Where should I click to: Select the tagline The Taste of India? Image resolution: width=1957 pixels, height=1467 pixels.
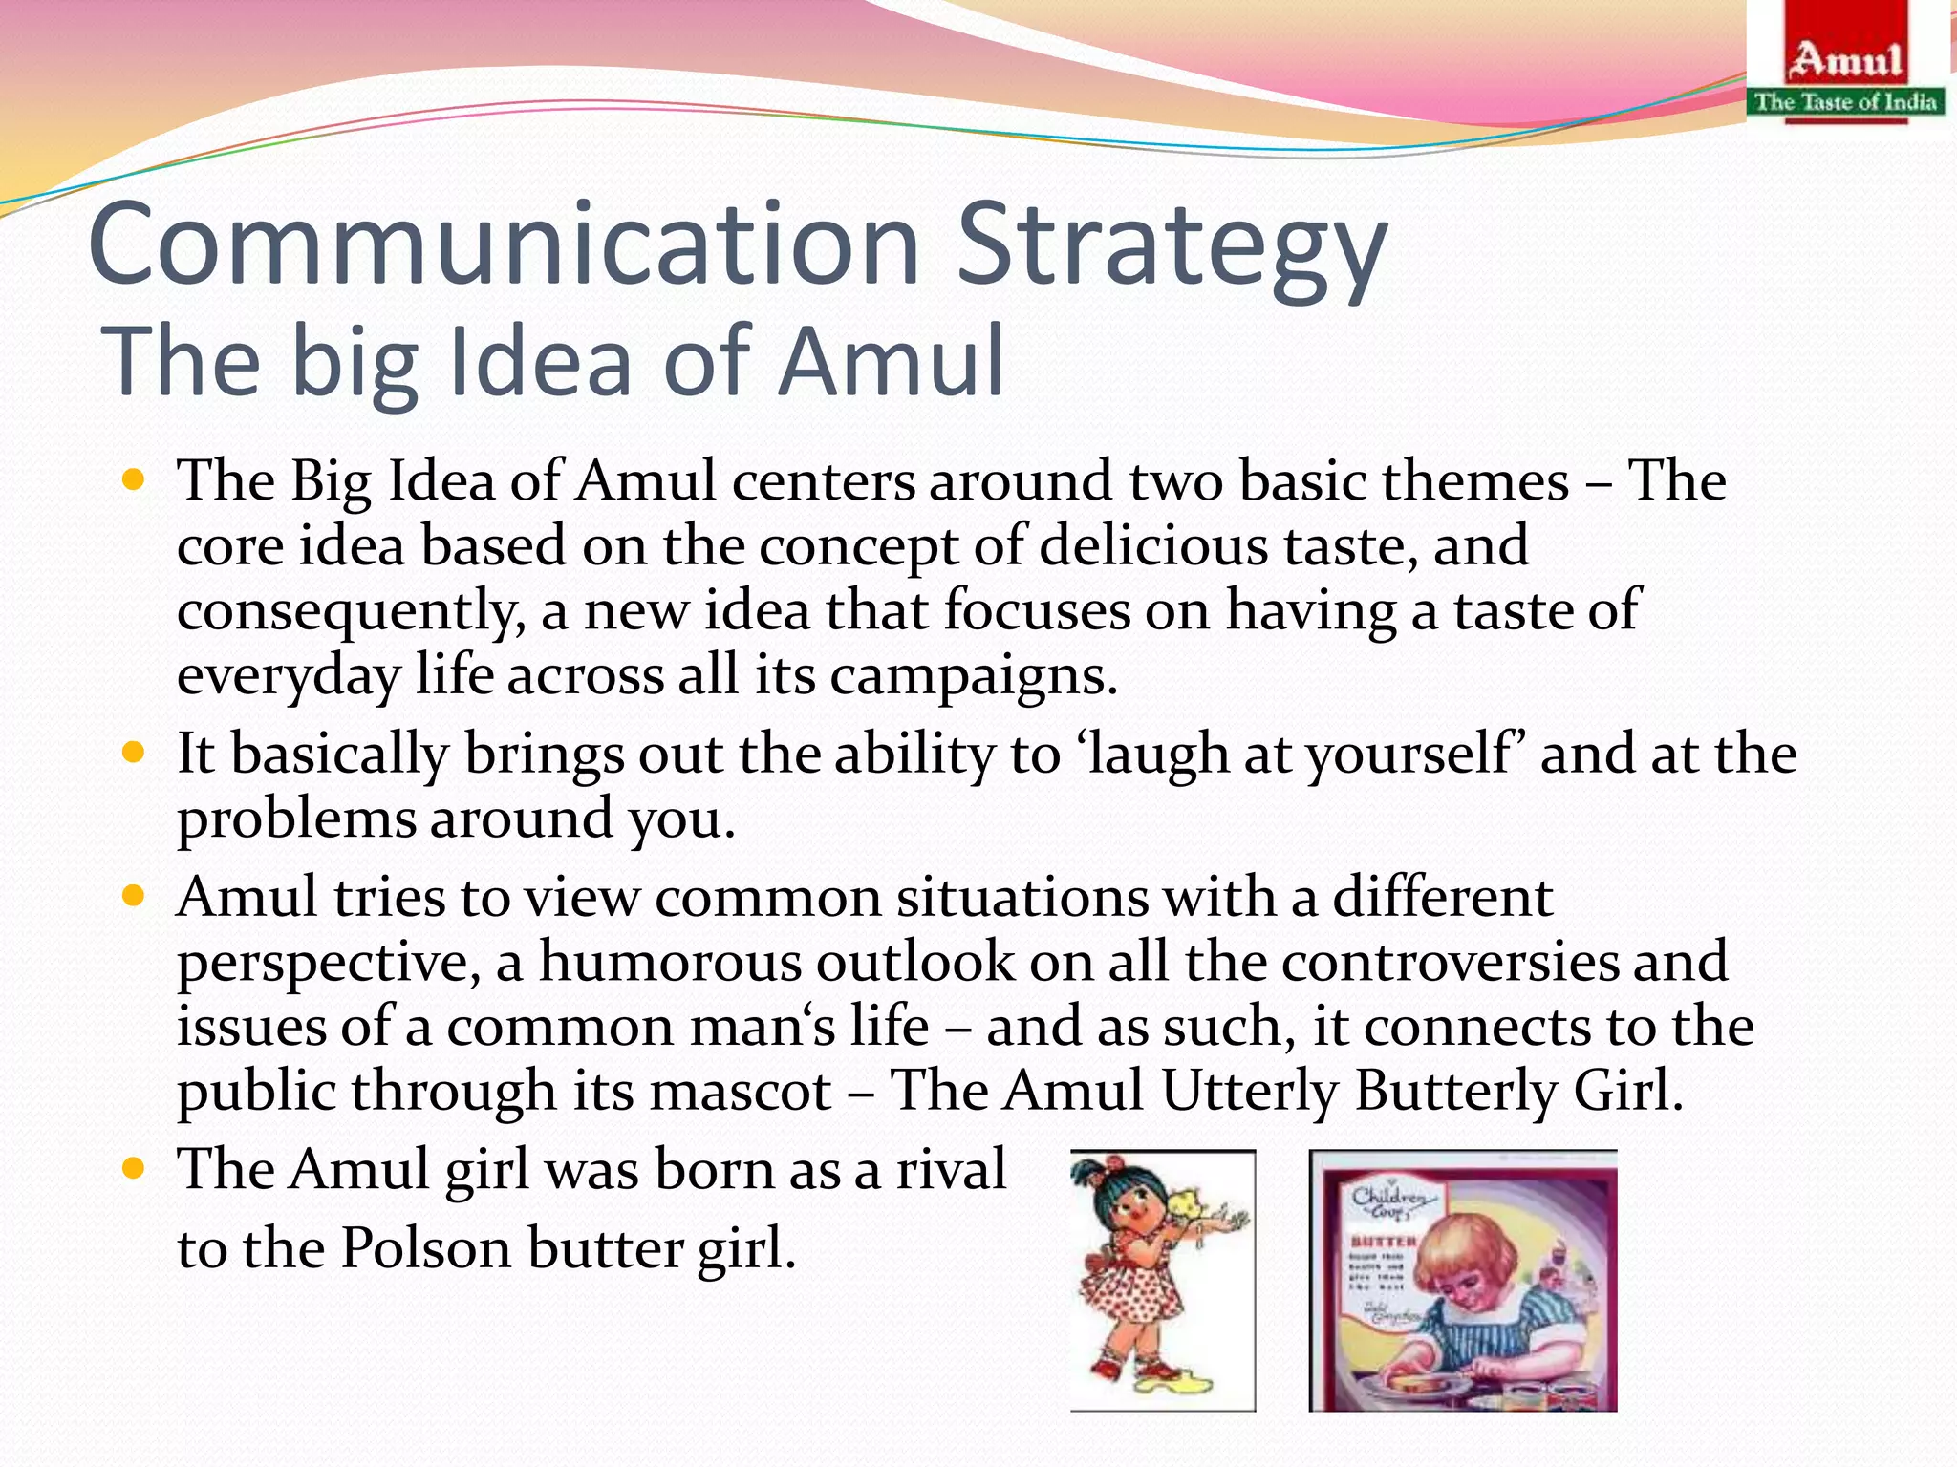[1846, 101]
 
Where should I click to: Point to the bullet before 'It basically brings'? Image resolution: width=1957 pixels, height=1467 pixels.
[133, 753]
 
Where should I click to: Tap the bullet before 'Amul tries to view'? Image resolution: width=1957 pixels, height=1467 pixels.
[133, 896]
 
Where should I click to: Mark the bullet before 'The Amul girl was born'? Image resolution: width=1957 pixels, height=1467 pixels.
[133, 1167]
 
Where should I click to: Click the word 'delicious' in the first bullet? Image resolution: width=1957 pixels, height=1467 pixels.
[1152, 545]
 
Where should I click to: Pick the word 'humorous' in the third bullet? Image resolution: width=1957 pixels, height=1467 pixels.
[670, 961]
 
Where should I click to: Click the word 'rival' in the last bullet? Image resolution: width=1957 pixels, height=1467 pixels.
[951, 1169]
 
